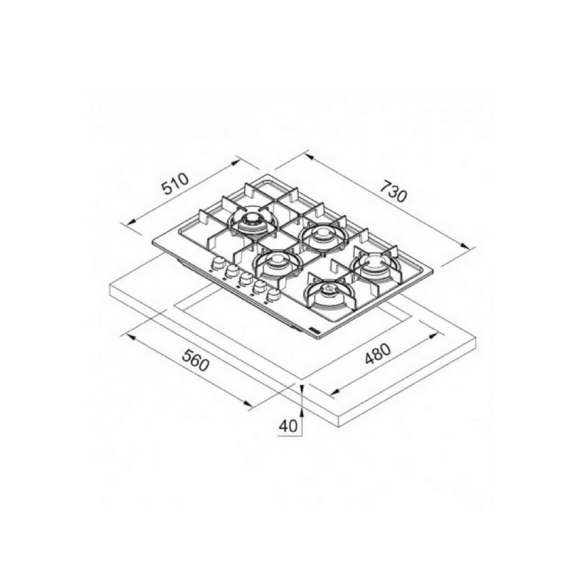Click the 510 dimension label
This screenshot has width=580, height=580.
(175, 184)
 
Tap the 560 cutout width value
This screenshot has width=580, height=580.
(196, 364)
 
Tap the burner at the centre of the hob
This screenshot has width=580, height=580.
(277, 259)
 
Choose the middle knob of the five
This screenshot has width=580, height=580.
(245, 278)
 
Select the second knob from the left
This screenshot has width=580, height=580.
(231, 269)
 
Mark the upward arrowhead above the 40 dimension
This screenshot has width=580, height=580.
(302, 388)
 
